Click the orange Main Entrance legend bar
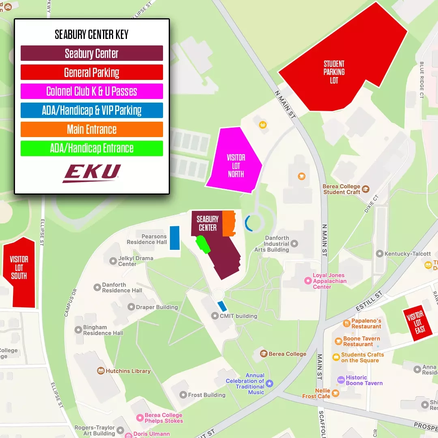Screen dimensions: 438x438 click(92, 129)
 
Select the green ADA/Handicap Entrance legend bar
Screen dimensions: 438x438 click(92, 148)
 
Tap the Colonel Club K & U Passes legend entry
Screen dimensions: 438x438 click(92, 91)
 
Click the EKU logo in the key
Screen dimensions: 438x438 click(92, 173)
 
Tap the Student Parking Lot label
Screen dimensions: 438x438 click(334, 72)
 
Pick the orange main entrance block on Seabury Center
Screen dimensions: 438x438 click(229, 223)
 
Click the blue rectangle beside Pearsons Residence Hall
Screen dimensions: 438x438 click(175, 238)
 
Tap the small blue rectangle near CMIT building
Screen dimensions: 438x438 click(222, 306)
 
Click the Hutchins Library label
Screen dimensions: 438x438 click(128, 371)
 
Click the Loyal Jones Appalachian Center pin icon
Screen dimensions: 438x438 click(308, 281)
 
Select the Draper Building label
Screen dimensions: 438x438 click(157, 307)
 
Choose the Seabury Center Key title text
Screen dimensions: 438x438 click(92, 35)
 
